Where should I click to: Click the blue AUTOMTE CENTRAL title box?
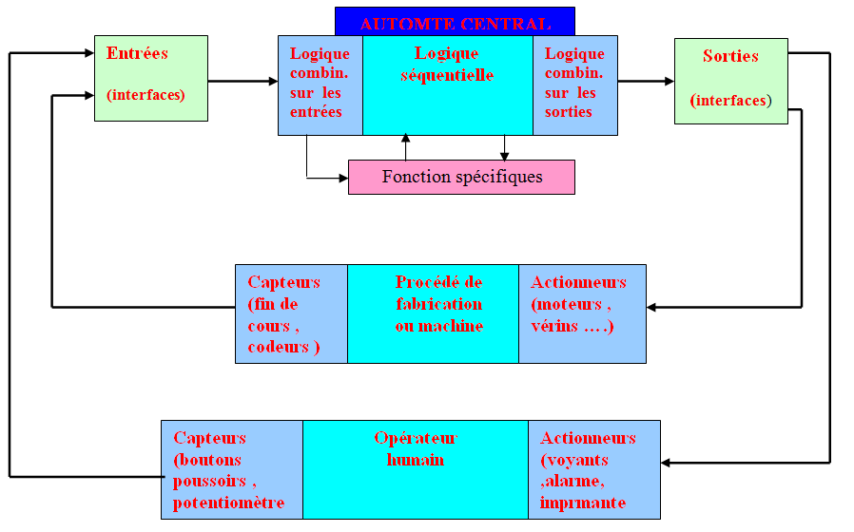point(455,21)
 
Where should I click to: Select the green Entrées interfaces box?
point(150,78)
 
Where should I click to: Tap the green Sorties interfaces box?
point(730,81)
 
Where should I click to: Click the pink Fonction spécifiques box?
point(461,177)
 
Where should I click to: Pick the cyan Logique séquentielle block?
point(447,85)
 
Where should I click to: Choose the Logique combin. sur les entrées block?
point(320,85)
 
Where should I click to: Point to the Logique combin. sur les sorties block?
point(574,85)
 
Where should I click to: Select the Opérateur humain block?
point(416,469)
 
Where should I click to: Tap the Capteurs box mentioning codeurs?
point(291,313)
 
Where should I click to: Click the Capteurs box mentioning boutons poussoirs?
point(231,469)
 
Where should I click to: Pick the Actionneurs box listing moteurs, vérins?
point(582,313)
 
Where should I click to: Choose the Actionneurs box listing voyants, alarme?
point(593,469)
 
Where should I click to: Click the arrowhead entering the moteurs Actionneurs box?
point(652,307)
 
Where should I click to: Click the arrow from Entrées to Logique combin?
point(243,82)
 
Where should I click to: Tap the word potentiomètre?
point(228,503)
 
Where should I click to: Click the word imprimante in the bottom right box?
point(582,503)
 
